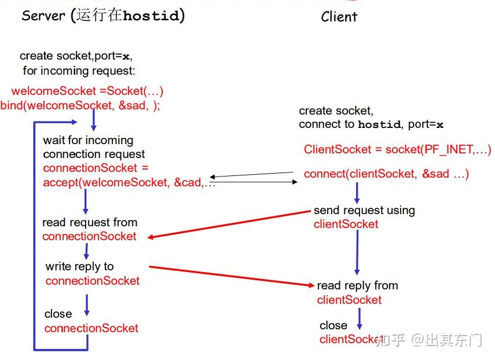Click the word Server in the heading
coord(43,15)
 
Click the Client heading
coord(339,17)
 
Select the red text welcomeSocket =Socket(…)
coord(87,91)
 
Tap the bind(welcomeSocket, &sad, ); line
coord(80,105)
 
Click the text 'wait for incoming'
coord(88,140)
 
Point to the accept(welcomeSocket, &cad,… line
coord(129,182)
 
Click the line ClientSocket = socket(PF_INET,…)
coord(397,149)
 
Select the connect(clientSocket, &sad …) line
coord(386,174)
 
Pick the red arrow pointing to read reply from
coord(232,276)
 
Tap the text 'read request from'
coord(90,222)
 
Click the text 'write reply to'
coord(79,266)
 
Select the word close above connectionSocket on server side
coord(58,314)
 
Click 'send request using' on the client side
coord(364,210)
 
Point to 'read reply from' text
coord(357,285)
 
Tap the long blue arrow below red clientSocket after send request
coord(357,252)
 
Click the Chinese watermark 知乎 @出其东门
coord(428,340)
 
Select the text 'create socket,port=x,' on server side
coord(80,56)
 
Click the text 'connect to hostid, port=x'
coord(371,124)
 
